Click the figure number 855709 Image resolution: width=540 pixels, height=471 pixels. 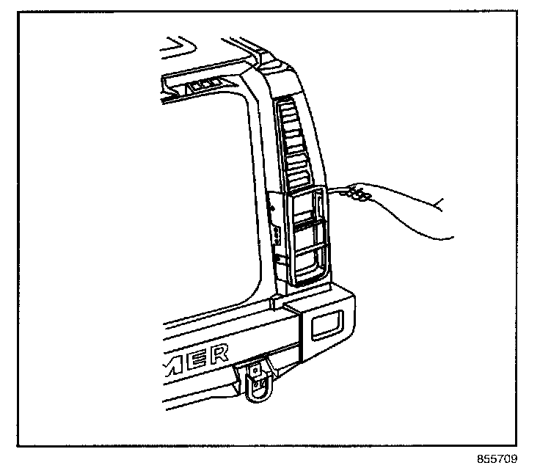497,460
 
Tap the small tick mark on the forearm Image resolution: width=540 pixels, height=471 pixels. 439,201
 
